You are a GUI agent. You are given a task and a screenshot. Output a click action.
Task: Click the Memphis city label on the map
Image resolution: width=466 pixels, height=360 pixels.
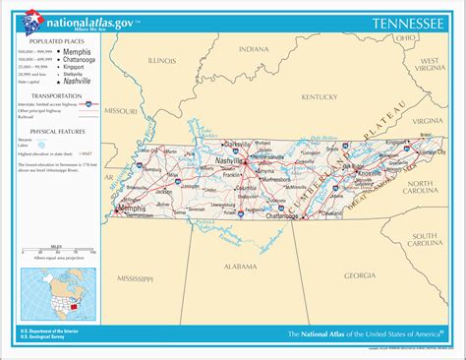click(132, 209)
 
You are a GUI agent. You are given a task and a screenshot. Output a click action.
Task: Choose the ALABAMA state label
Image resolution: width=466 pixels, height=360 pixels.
click(239, 267)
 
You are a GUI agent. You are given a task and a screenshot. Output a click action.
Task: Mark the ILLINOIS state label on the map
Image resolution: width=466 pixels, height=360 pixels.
click(162, 60)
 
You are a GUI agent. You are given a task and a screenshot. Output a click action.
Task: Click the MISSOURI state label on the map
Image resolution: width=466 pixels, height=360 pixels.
click(121, 112)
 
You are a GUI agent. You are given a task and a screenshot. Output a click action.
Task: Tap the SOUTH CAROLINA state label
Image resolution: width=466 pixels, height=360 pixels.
click(424, 240)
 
